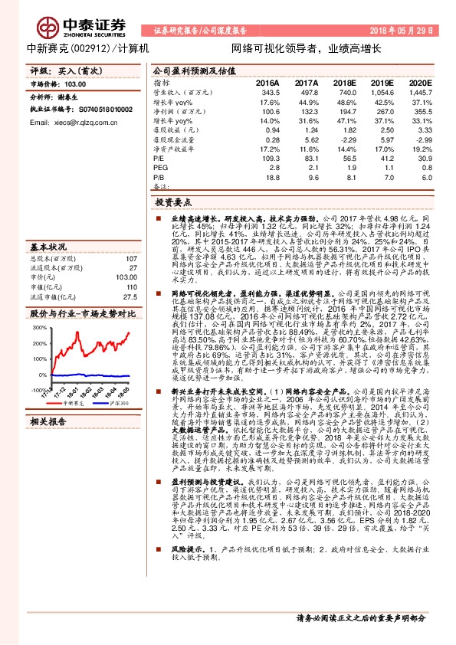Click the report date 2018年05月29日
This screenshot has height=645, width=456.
click(405, 31)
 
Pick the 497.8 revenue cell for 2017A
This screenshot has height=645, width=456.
click(307, 91)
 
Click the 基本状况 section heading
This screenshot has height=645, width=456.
click(48, 247)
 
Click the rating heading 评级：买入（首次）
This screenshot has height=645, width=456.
click(69, 70)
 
